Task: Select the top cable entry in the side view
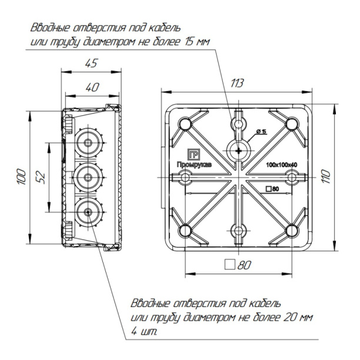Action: click(87, 143)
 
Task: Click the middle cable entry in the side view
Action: click(87, 175)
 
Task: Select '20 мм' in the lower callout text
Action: click(298, 318)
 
